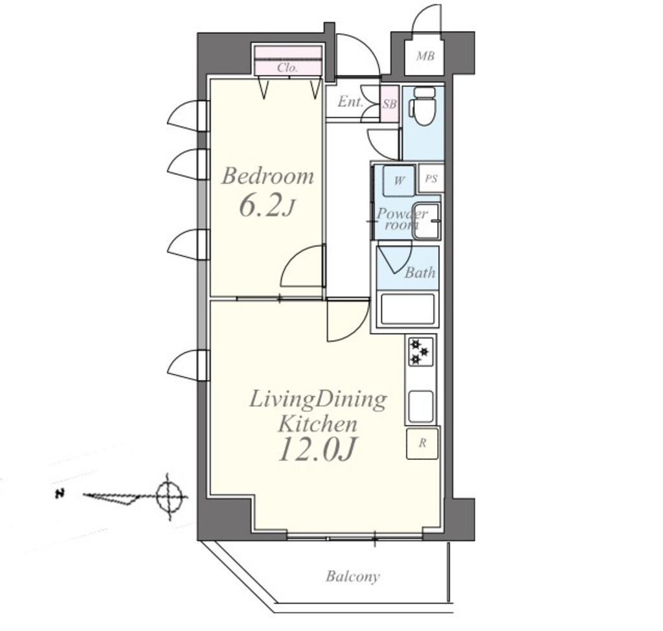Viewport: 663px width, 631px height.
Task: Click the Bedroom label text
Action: pyautogui.click(x=267, y=176)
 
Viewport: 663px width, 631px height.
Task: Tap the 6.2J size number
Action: pyautogui.click(x=266, y=207)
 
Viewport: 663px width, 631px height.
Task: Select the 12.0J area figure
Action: pyautogui.click(x=316, y=449)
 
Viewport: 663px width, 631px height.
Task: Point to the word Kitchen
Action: pyautogui.click(x=317, y=424)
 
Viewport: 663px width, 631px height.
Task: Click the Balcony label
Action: pyautogui.click(x=352, y=577)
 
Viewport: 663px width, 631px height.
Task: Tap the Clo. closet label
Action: pyautogui.click(x=287, y=68)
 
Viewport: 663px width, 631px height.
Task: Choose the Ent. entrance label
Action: pyautogui.click(x=350, y=102)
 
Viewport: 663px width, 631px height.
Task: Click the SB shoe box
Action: pyautogui.click(x=389, y=104)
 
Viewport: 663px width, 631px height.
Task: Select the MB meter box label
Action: pyautogui.click(x=425, y=56)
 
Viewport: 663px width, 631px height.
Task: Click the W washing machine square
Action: pyautogui.click(x=399, y=181)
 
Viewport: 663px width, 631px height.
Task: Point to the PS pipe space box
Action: pyautogui.click(x=431, y=179)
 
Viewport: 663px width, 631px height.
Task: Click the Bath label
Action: pyautogui.click(x=420, y=273)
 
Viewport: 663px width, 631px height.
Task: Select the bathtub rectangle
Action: pyautogui.click(x=407, y=309)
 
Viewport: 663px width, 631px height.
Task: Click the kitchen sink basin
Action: pyautogui.click(x=420, y=406)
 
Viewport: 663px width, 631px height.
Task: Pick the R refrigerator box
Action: pyautogui.click(x=422, y=444)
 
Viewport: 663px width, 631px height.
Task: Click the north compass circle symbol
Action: pyautogui.click(x=169, y=496)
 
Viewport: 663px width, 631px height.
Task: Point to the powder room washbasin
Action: pyautogui.click(x=427, y=221)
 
